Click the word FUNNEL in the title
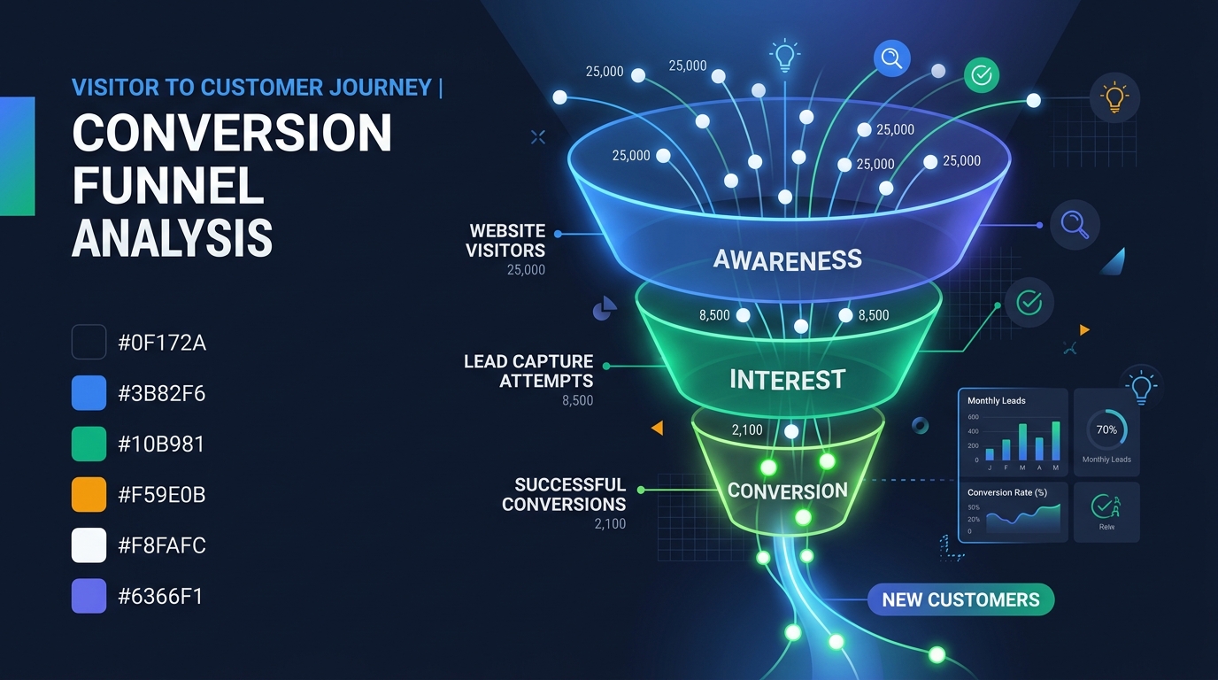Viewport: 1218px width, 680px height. pos(168,186)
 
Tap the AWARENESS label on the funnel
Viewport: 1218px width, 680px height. pos(787,259)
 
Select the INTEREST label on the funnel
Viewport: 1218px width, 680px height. pos(787,380)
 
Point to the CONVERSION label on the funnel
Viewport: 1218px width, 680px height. pos(787,491)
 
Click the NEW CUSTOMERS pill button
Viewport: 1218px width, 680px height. pos(960,599)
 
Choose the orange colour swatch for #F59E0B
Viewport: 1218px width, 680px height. pos(89,494)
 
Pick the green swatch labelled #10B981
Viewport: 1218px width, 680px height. pos(89,443)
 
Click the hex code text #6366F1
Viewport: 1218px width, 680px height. pos(160,596)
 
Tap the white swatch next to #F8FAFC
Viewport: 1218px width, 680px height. pos(89,545)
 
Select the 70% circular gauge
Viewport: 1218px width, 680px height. pos(1106,429)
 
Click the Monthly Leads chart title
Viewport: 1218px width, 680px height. pos(997,400)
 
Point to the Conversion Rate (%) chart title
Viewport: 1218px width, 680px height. pos(1006,492)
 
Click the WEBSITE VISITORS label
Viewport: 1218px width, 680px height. pos(506,240)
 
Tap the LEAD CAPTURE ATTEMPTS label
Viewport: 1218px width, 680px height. pos(528,371)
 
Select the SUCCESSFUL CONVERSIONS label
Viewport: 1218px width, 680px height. pos(564,494)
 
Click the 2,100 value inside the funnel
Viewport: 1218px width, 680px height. pos(747,430)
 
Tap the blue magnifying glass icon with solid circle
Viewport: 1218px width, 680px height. pos(891,58)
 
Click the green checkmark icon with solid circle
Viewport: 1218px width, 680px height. pos(981,76)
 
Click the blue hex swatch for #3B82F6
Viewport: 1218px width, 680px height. pos(89,392)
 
